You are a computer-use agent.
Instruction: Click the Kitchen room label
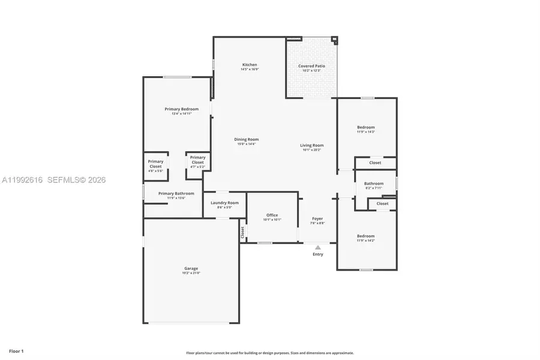coord(250,65)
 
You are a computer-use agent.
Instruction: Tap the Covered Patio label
coord(311,66)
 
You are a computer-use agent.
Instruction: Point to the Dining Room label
coord(246,140)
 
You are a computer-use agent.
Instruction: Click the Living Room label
coord(312,145)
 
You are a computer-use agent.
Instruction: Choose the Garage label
coord(191,268)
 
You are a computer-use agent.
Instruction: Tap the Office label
coord(272,215)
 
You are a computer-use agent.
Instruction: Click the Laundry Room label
coord(224,203)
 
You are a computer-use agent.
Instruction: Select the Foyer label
coord(317,218)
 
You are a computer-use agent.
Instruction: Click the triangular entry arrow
coord(318,247)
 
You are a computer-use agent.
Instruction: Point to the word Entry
coord(318,254)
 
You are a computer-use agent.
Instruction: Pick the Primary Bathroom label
coord(176,193)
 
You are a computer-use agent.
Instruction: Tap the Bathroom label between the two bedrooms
coord(374,184)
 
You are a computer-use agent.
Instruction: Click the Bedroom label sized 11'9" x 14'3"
coord(366,127)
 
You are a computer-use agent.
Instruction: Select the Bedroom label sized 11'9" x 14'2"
coord(366,236)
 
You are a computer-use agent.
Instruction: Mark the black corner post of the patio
coord(335,41)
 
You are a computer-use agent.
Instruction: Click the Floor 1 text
coord(16,350)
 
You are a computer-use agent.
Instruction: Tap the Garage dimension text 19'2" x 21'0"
coord(191,273)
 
